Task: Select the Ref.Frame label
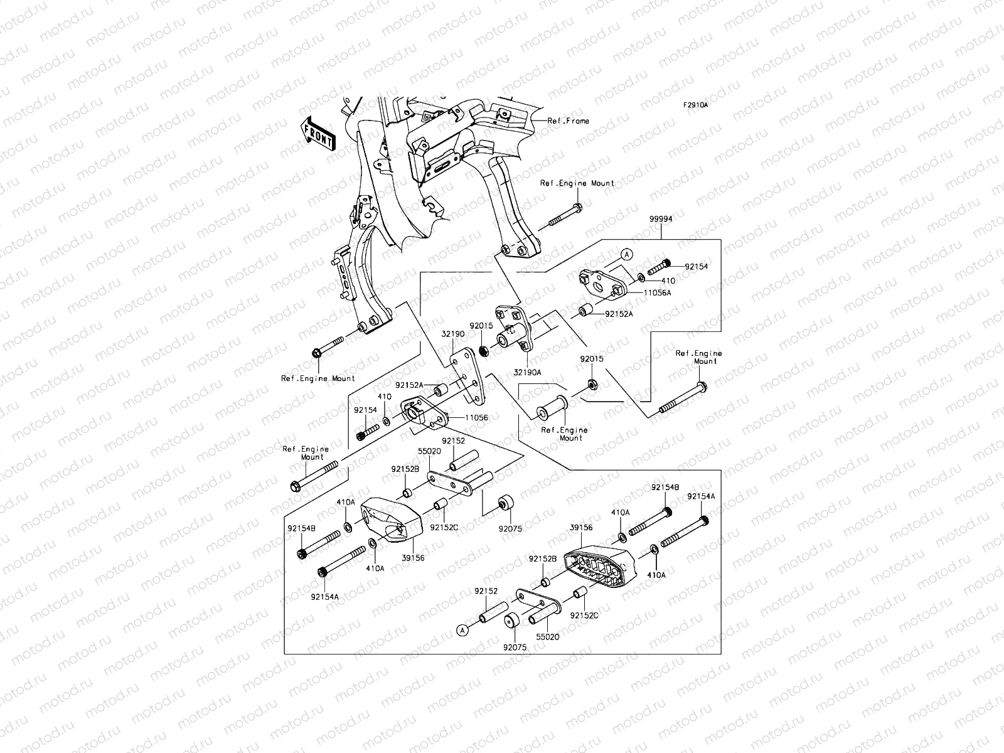click(x=568, y=121)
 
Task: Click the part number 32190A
click(x=527, y=372)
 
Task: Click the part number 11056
click(x=476, y=417)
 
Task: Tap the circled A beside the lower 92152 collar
click(x=462, y=629)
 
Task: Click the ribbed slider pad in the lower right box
click(x=599, y=565)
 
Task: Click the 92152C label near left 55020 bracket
click(x=444, y=528)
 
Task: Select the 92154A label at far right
click(x=701, y=496)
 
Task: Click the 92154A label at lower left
click(x=324, y=597)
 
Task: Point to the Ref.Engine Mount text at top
click(x=577, y=183)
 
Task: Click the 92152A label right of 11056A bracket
click(x=619, y=314)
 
